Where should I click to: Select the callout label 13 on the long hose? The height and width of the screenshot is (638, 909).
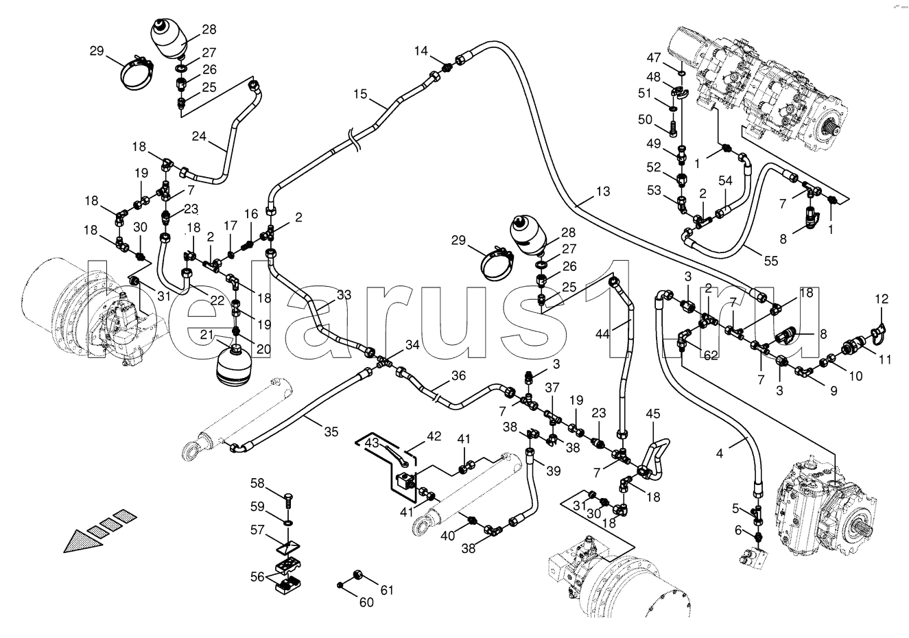pyautogui.click(x=602, y=192)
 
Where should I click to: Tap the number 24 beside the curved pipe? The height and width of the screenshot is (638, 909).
pyautogui.click(x=199, y=136)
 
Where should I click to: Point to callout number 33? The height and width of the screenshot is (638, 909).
pyautogui.click(x=344, y=296)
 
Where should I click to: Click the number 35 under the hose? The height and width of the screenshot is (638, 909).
pyautogui.click(x=331, y=432)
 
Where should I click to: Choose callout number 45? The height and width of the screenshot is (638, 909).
pyautogui.click(x=652, y=413)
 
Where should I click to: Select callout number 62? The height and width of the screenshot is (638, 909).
pyautogui.click(x=710, y=355)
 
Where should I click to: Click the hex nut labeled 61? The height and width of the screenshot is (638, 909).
pyautogui.click(x=357, y=574)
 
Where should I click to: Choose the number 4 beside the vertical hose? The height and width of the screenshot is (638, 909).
pyautogui.click(x=719, y=452)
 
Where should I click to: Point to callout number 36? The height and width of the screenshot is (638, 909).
pyautogui.click(x=458, y=375)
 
